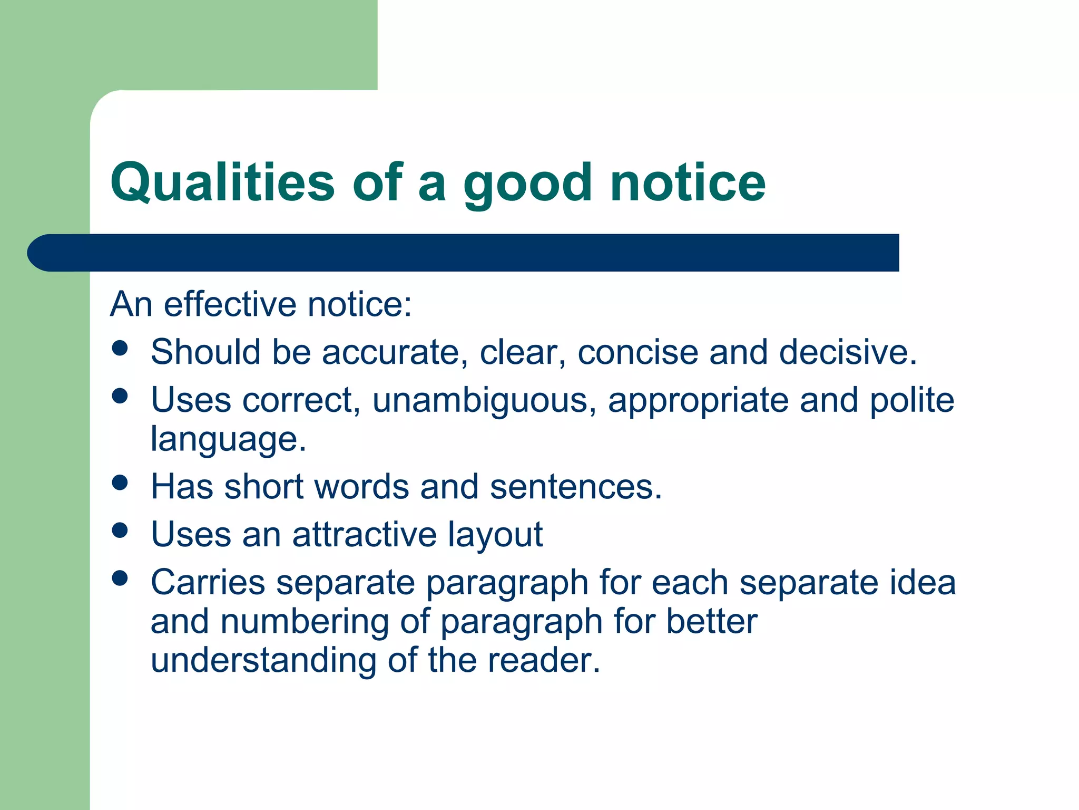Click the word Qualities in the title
222,182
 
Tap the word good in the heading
527,185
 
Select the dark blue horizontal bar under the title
464,253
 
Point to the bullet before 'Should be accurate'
120,348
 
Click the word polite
911,400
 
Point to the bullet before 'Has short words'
120,483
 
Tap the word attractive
365,534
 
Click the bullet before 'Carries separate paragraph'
120,578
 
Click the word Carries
208,582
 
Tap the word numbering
305,622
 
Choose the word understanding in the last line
263,660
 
